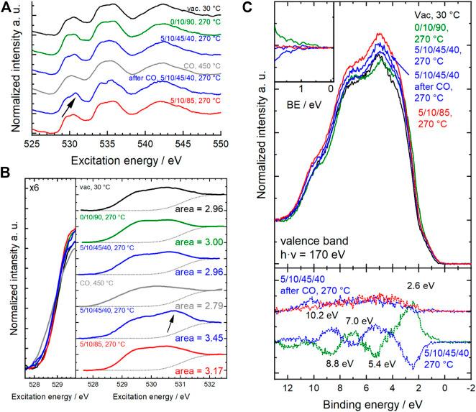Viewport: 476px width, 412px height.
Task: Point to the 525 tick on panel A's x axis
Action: (x=32, y=143)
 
